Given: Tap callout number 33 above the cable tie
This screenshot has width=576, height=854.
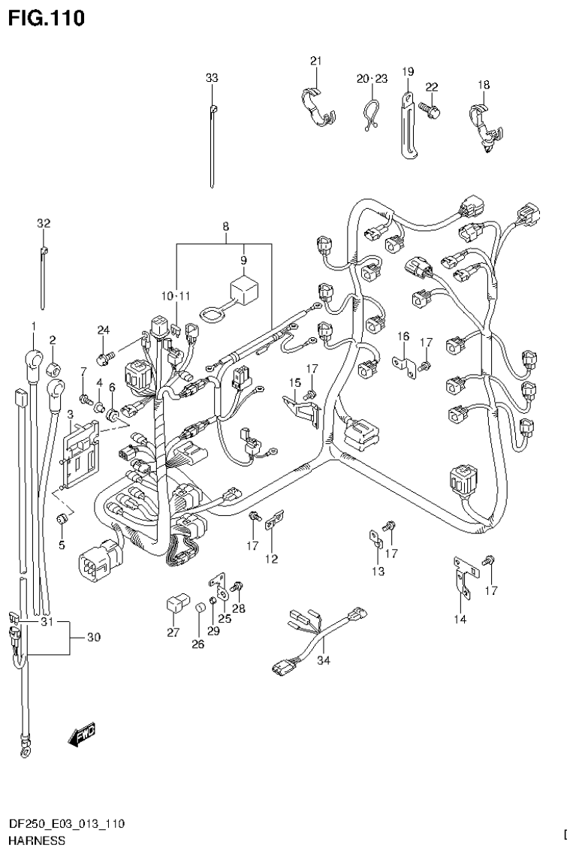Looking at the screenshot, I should [x=212, y=77].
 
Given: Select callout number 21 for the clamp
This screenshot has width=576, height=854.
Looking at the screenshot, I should [x=315, y=61].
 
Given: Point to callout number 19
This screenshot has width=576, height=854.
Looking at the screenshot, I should [x=408, y=71].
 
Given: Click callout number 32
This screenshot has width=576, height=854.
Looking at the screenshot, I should [x=43, y=223].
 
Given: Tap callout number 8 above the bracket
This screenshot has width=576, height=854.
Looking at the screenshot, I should [x=224, y=225].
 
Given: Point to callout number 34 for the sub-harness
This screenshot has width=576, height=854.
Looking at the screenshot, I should [x=323, y=660].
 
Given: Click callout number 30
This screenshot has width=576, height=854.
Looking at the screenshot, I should [x=93, y=638].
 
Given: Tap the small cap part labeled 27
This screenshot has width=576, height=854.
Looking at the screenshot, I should [x=174, y=605].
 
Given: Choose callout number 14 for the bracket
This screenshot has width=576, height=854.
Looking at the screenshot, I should [x=460, y=619].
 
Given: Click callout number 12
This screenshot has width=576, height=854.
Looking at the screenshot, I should [x=271, y=559].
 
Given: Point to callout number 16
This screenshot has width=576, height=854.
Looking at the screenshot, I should [x=403, y=335].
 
